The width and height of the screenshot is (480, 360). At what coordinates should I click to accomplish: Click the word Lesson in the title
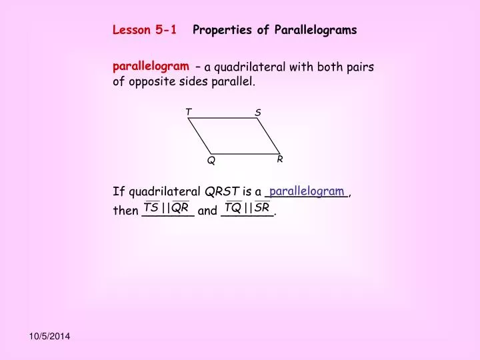[131, 30]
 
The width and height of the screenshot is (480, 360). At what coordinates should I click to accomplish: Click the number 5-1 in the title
[166, 30]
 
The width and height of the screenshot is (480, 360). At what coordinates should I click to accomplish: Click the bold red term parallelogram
[151, 66]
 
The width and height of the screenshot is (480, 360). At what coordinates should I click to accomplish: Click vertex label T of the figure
[189, 111]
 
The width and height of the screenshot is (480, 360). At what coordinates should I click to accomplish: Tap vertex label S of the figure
[258, 113]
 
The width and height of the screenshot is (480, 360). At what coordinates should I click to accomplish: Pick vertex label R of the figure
[280, 159]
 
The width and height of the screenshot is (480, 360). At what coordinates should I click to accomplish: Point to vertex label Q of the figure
[211, 161]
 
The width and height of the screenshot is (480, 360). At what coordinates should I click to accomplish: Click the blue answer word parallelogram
[307, 191]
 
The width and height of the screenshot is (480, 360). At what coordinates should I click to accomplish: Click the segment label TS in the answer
[151, 207]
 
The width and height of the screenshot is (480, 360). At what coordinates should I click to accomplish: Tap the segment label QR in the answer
[180, 207]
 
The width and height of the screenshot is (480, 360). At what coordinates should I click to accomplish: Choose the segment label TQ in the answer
[233, 207]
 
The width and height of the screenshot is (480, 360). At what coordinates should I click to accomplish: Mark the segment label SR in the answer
[261, 207]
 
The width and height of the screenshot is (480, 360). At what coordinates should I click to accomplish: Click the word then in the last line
[125, 212]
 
